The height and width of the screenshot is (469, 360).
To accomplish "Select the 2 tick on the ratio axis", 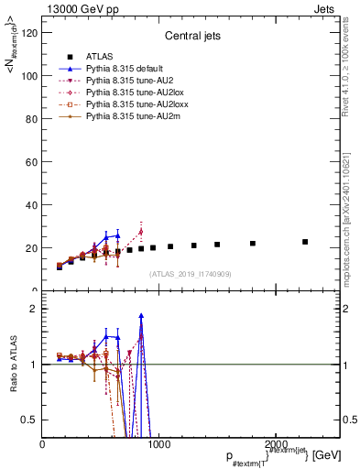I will pyautogui.click(x=34, y=309).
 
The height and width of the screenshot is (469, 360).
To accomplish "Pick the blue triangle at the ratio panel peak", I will pyautogui.click(x=141, y=316).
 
